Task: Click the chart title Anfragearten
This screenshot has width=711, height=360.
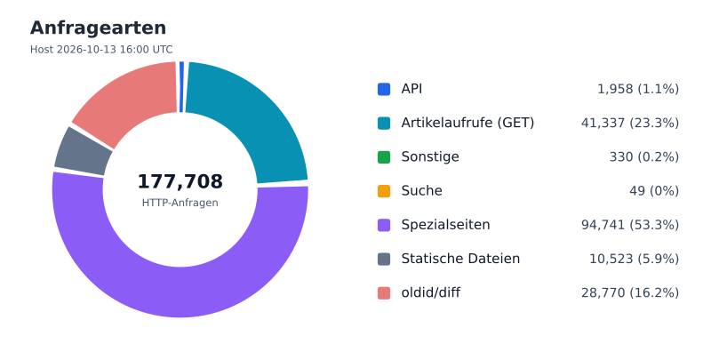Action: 98,28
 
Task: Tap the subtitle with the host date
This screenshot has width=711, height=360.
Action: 101,50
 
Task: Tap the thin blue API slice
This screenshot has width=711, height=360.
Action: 182,86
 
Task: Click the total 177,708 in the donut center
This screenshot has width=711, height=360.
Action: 180,181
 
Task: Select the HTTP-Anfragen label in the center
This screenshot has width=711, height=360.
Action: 180,203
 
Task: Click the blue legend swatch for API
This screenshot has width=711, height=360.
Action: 384,89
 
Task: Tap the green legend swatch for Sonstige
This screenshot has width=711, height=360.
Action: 384,156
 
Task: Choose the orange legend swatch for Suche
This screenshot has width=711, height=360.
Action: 384,191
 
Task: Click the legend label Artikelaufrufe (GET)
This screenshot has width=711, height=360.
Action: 467,123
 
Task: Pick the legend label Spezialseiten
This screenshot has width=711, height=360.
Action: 445,225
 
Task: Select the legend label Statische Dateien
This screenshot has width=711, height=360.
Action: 460,259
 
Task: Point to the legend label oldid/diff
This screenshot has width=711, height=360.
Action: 430,292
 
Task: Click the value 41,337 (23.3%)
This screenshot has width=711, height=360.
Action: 630,123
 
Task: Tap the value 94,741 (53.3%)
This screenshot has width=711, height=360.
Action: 630,225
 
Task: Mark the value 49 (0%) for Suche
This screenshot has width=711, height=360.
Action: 654,191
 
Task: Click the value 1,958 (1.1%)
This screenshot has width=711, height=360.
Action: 638,89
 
